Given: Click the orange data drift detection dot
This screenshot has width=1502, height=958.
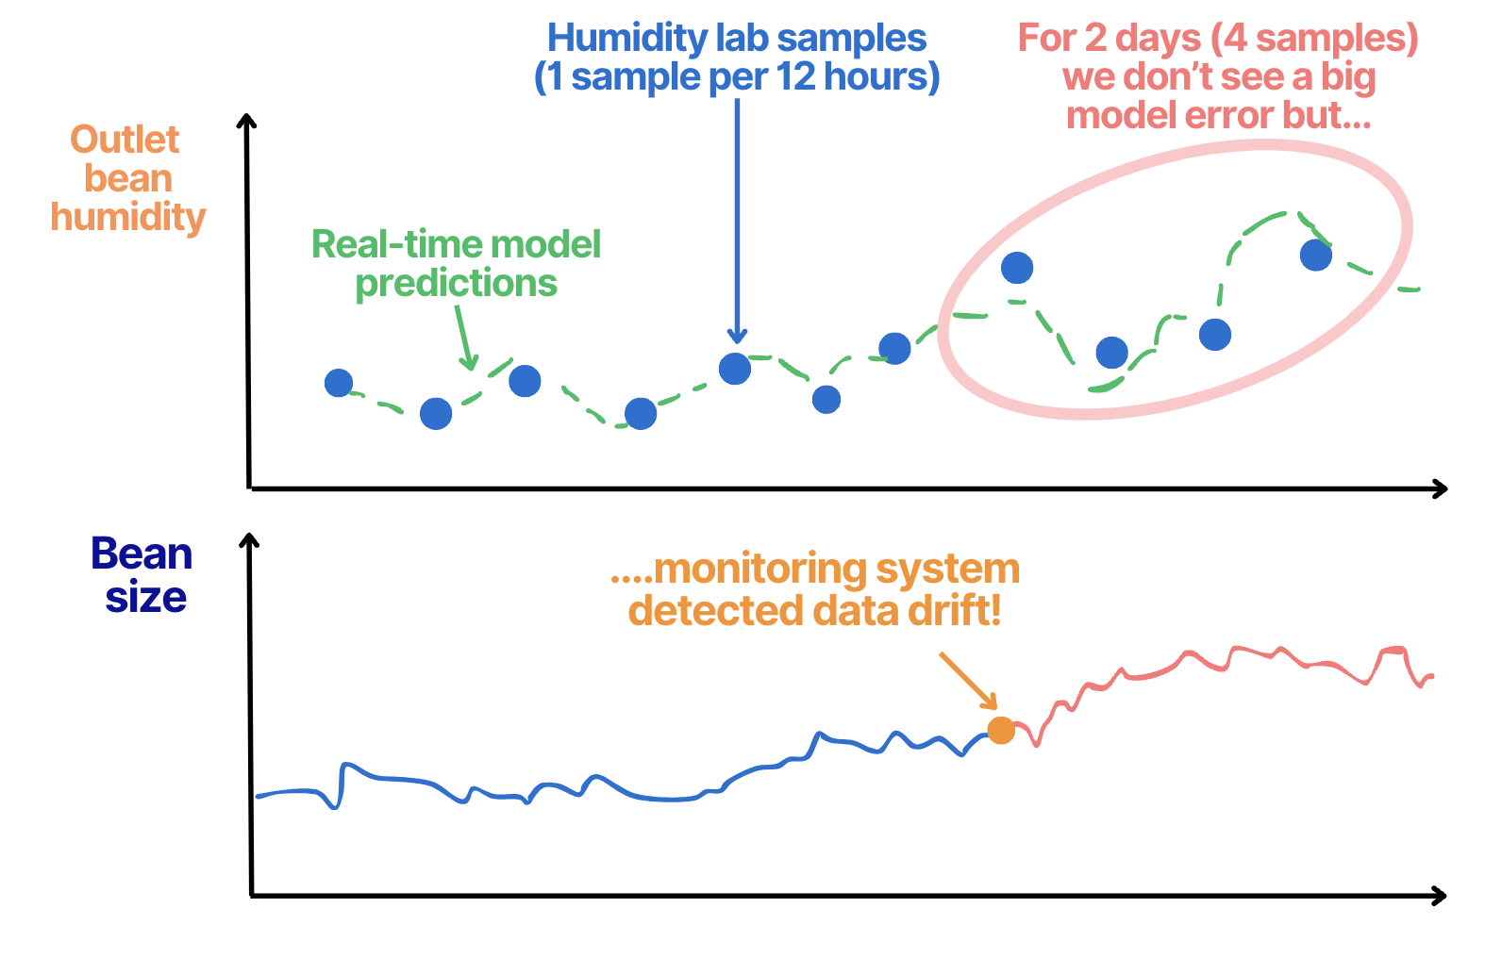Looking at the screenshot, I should [1000, 730].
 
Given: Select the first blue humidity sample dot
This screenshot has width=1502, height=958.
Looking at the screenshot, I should [339, 383].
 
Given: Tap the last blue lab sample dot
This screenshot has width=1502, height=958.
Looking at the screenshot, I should [1315, 255].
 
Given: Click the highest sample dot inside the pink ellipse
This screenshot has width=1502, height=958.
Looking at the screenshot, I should [1017, 268].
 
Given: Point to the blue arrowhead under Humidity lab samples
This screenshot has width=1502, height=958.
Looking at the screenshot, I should [737, 336].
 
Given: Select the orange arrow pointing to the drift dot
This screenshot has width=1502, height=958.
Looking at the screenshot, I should [968, 680].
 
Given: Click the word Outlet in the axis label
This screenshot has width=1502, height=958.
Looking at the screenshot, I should [125, 140].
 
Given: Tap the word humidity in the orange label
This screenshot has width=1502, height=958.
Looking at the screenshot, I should [128, 217].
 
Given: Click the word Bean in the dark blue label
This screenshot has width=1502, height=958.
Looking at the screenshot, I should [142, 553].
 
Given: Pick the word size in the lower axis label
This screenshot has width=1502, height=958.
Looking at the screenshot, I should [146, 597].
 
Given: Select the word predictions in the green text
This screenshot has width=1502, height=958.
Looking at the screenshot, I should [457, 283].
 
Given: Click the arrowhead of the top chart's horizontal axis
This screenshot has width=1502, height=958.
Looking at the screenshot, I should [1439, 488].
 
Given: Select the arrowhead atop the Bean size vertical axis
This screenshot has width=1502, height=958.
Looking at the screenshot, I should [249, 541].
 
